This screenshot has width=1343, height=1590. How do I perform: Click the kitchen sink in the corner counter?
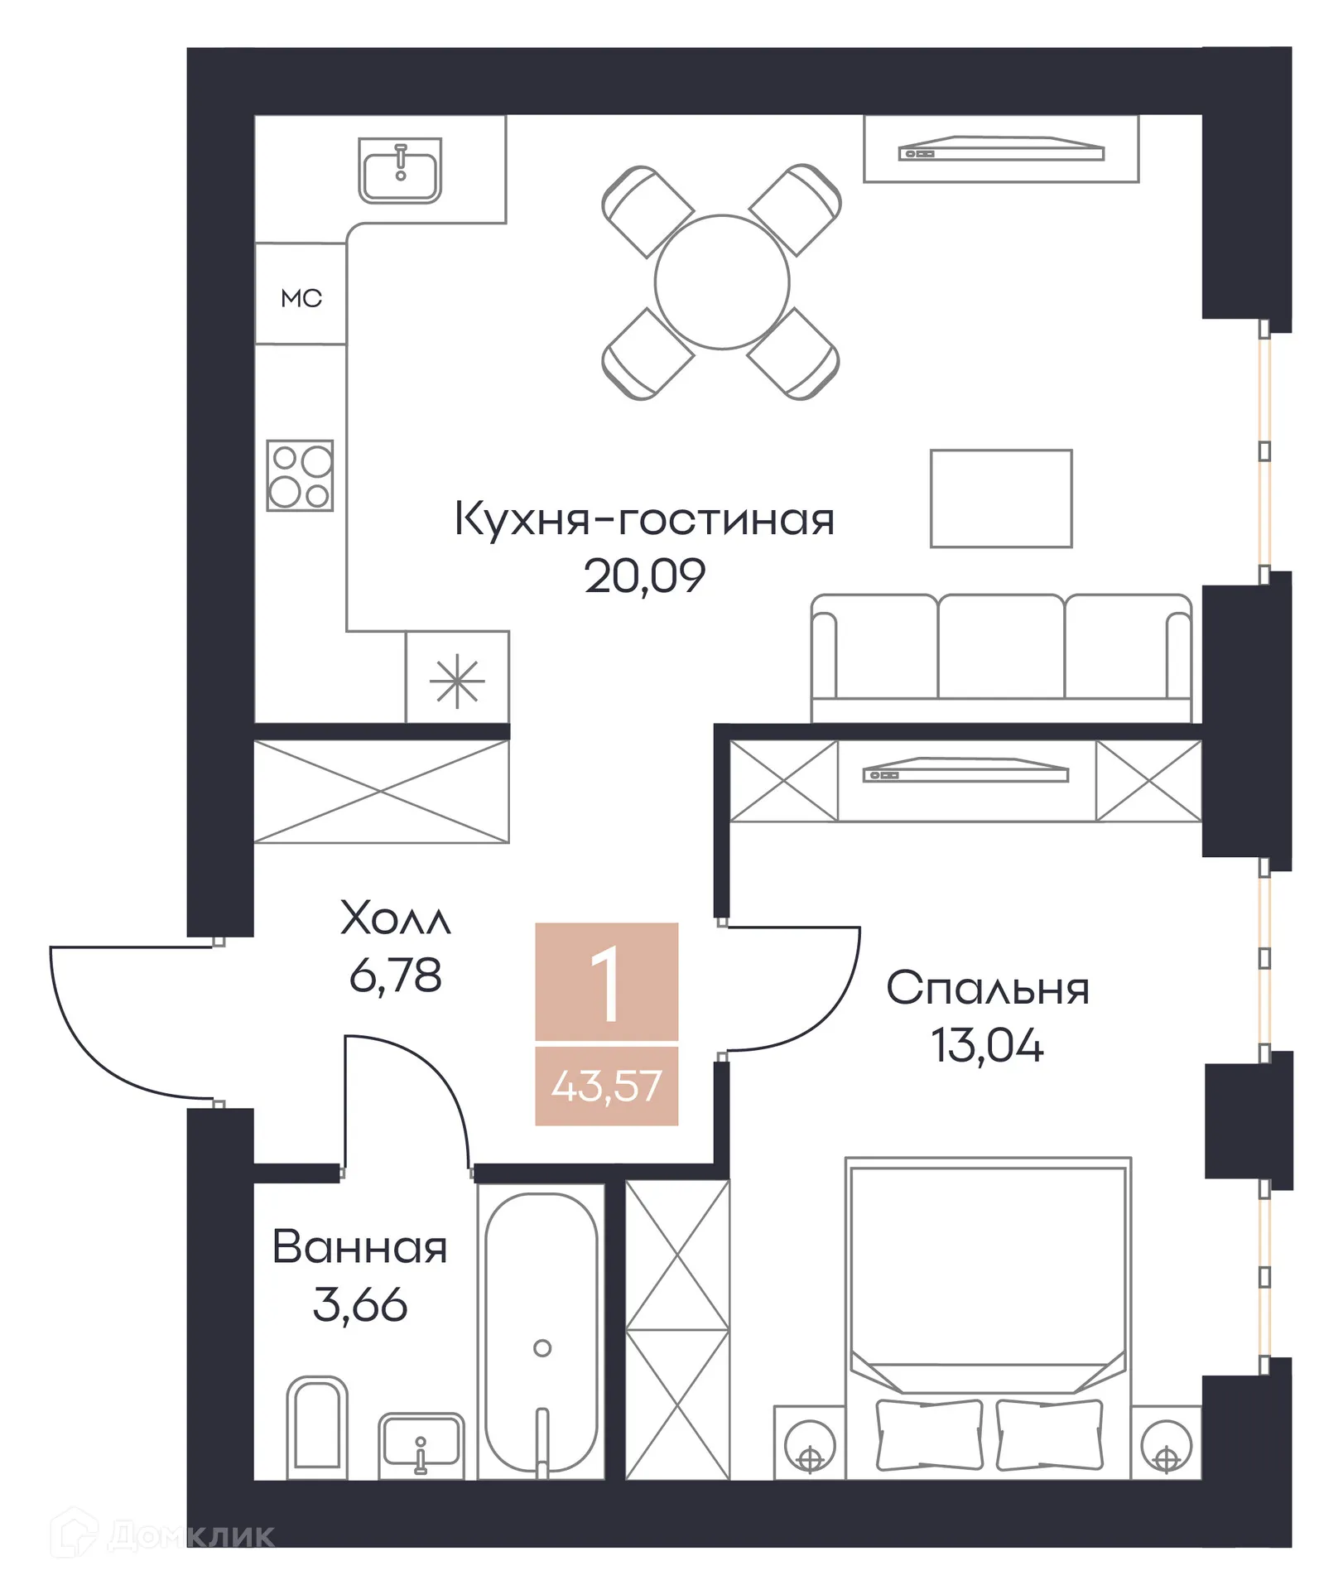point(400,171)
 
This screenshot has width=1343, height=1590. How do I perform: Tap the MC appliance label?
point(301,298)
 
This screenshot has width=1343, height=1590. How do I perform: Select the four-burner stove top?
point(300,475)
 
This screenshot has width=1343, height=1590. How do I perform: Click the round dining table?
point(722,282)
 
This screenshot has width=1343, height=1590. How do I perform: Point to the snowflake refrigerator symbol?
point(457,682)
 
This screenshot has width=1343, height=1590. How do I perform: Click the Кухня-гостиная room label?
point(644,519)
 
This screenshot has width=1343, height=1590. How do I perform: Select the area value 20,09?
point(644,576)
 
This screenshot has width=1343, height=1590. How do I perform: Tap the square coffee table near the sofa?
point(1001,499)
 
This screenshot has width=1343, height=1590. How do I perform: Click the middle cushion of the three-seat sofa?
point(1001,647)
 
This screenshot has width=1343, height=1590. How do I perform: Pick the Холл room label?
point(396,918)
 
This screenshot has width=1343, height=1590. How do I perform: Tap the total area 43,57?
point(606,1086)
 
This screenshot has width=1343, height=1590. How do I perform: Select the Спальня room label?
point(987,988)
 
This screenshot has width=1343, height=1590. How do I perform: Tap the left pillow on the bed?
point(929,1435)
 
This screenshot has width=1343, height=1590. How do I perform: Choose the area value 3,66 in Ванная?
point(360,1305)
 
